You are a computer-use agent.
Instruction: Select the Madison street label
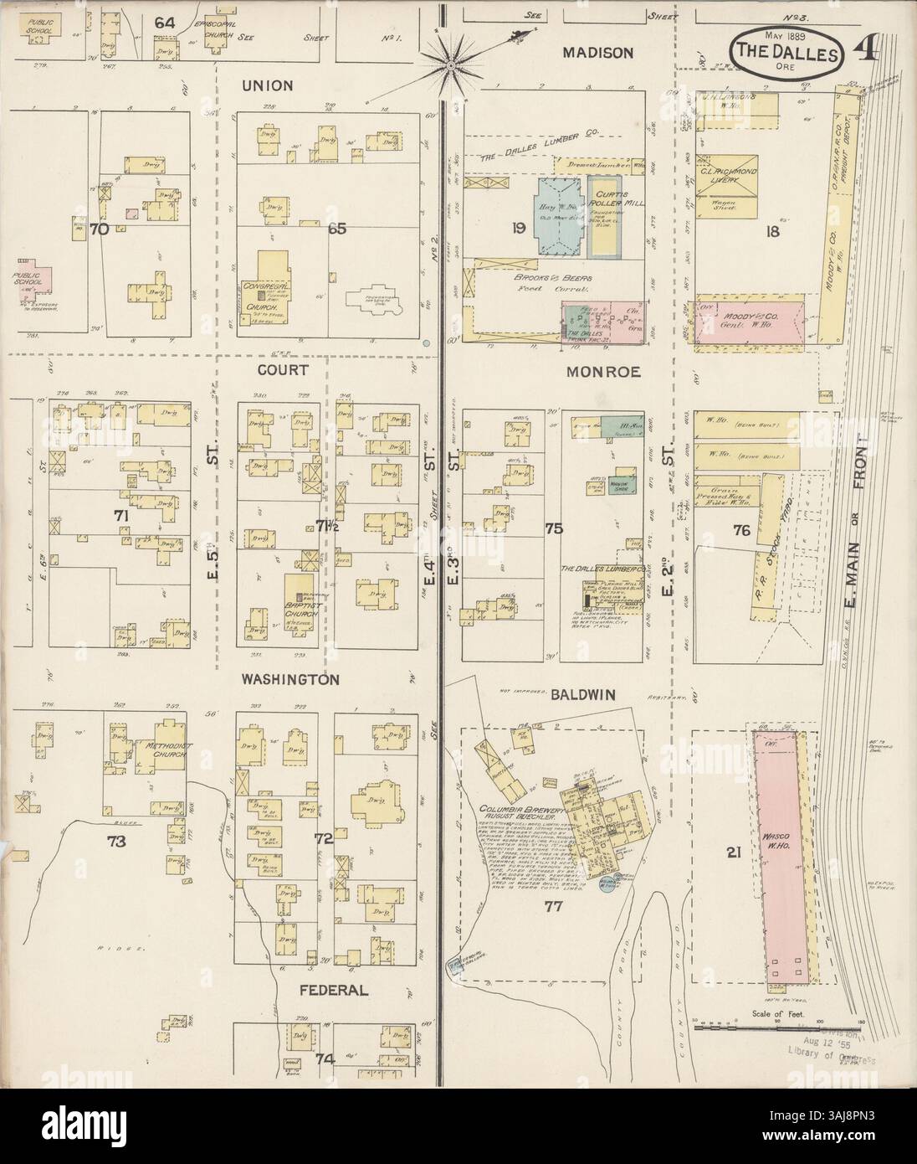[x=597, y=52]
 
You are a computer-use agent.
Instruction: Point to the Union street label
[x=267, y=85]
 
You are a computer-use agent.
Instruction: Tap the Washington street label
[x=290, y=680]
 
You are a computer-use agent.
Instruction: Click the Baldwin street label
[x=583, y=694]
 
